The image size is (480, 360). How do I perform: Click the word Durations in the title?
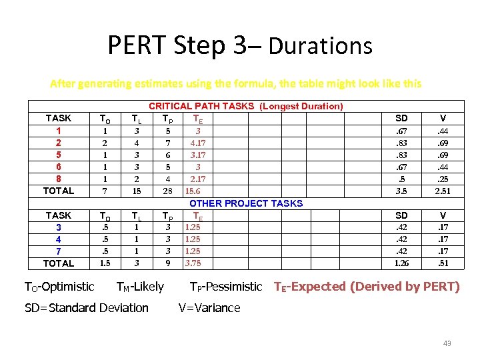point(320,47)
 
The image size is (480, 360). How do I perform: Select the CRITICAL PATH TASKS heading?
point(245,106)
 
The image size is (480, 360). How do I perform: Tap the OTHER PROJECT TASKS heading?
point(246,203)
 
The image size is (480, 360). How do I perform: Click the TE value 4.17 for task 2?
point(197,143)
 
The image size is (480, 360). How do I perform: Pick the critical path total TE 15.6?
point(194,191)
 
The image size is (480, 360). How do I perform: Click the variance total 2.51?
point(443,191)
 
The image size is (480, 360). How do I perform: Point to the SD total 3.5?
point(401,191)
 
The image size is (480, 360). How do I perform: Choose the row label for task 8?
point(59,179)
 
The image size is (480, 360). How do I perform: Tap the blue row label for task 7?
point(59,251)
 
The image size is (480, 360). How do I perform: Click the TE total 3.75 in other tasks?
point(193,263)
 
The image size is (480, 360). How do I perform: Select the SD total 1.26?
point(401,263)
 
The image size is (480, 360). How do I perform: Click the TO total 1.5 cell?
point(105,263)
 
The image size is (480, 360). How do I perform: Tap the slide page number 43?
point(447,343)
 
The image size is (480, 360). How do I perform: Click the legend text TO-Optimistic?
point(59,287)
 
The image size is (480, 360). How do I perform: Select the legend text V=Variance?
point(209,307)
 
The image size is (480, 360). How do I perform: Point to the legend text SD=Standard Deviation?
point(87,307)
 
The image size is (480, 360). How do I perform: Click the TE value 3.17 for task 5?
point(197,155)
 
